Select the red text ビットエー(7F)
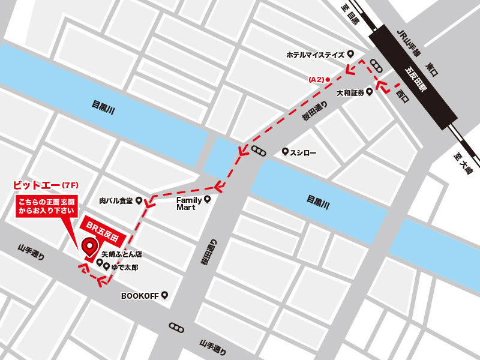(x=46, y=184)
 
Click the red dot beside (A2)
(x=328, y=79)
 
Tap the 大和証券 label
(x=350, y=93)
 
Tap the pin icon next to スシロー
(x=285, y=152)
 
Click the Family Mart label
(x=190, y=203)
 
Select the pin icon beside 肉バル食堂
(x=139, y=200)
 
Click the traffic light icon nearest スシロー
(x=259, y=151)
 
